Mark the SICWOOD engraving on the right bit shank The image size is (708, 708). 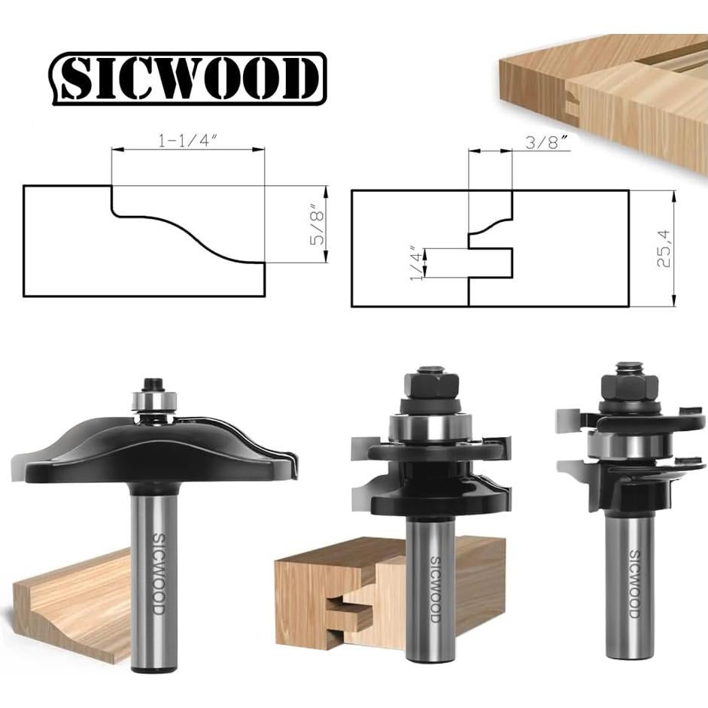tap(634, 583)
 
